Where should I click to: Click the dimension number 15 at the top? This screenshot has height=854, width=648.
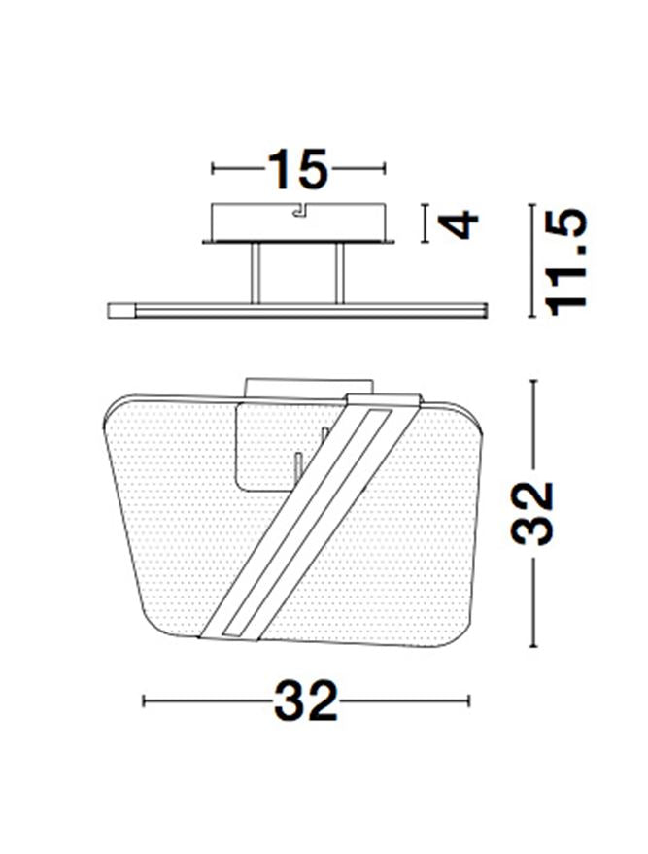tap(298, 169)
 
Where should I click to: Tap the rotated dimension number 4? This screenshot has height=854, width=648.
tap(458, 225)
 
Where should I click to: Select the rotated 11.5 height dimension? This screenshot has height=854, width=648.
tap(568, 262)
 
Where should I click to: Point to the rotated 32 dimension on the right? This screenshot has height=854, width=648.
tap(532, 513)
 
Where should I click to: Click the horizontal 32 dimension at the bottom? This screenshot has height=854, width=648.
tap(305, 700)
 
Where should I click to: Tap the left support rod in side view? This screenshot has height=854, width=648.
tap(256, 273)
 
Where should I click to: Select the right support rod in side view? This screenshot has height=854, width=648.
tap(340, 273)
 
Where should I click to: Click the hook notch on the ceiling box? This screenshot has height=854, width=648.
tap(299, 210)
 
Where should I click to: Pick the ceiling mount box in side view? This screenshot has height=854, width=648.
tap(298, 223)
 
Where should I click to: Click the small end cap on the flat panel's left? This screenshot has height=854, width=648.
tap(120, 311)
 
